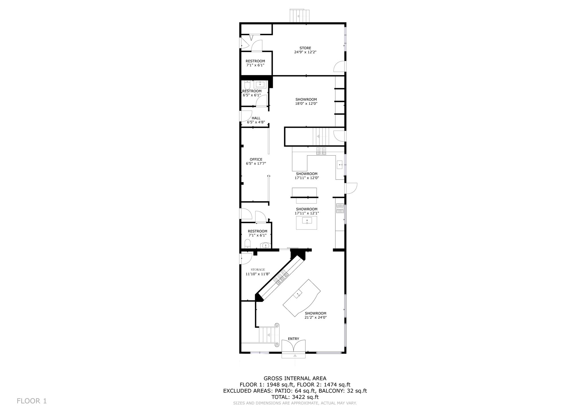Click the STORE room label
(x=305, y=48)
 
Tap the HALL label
(x=256, y=118)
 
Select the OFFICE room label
(x=256, y=160)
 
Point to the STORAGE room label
(x=258, y=270)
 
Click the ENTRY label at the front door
(x=293, y=339)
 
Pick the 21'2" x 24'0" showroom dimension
(x=316, y=317)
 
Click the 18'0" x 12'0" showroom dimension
(x=306, y=104)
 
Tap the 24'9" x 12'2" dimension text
(x=305, y=52)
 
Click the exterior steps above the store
(x=300, y=16)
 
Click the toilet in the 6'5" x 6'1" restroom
(x=247, y=85)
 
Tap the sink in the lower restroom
(x=266, y=245)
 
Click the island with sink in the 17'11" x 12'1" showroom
(x=307, y=223)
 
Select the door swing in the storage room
(x=246, y=259)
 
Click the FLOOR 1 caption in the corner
(x=32, y=401)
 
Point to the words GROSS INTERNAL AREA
(x=295, y=378)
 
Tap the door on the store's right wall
(x=340, y=66)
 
